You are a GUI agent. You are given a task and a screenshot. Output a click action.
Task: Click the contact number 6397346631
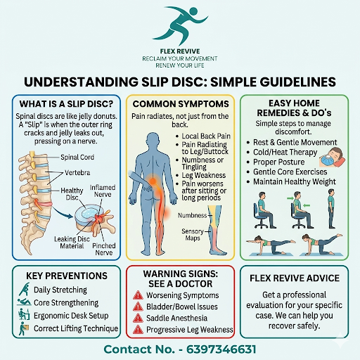pyautogui.click(x=221, y=349)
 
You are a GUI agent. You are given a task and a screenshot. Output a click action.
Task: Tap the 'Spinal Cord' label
pyautogui.click(x=77, y=157)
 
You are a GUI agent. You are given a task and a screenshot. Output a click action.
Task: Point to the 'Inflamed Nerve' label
pyautogui.click(x=103, y=191)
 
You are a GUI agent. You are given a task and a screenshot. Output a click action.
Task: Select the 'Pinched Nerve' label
pyautogui.click(x=104, y=249)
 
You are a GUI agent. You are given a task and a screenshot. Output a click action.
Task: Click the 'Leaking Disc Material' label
pyautogui.click(x=72, y=243)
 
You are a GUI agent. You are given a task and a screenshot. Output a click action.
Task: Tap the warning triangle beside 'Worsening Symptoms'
pyautogui.click(x=138, y=295)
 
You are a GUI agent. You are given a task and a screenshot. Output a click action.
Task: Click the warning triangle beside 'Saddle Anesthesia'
pyautogui.click(x=138, y=318)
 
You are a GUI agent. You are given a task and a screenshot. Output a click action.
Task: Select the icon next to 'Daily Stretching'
pyautogui.click(x=25, y=289)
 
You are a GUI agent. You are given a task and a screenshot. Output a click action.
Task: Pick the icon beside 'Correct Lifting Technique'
pyautogui.click(x=24, y=328)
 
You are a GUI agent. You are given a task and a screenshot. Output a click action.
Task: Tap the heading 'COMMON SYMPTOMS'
pyautogui.click(x=181, y=104)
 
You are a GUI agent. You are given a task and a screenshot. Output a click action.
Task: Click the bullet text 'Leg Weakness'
pyautogui.click(x=204, y=175)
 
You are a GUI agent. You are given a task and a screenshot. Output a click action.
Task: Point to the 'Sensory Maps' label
pyautogui.click(x=193, y=235)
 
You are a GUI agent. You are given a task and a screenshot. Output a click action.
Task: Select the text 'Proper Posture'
pyautogui.click(x=279, y=162)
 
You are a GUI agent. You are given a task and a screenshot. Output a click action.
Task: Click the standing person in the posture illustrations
pyautogui.click(x=331, y=209)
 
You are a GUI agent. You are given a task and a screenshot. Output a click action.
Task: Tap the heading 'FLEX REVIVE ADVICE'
pyautogui.click(x=295, y=278)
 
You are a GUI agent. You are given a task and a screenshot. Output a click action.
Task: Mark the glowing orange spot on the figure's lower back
pyautogui.click(x=153, y=181)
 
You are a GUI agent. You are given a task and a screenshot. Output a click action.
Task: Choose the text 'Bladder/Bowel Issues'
pyautogui.click(x=182, y=307)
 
